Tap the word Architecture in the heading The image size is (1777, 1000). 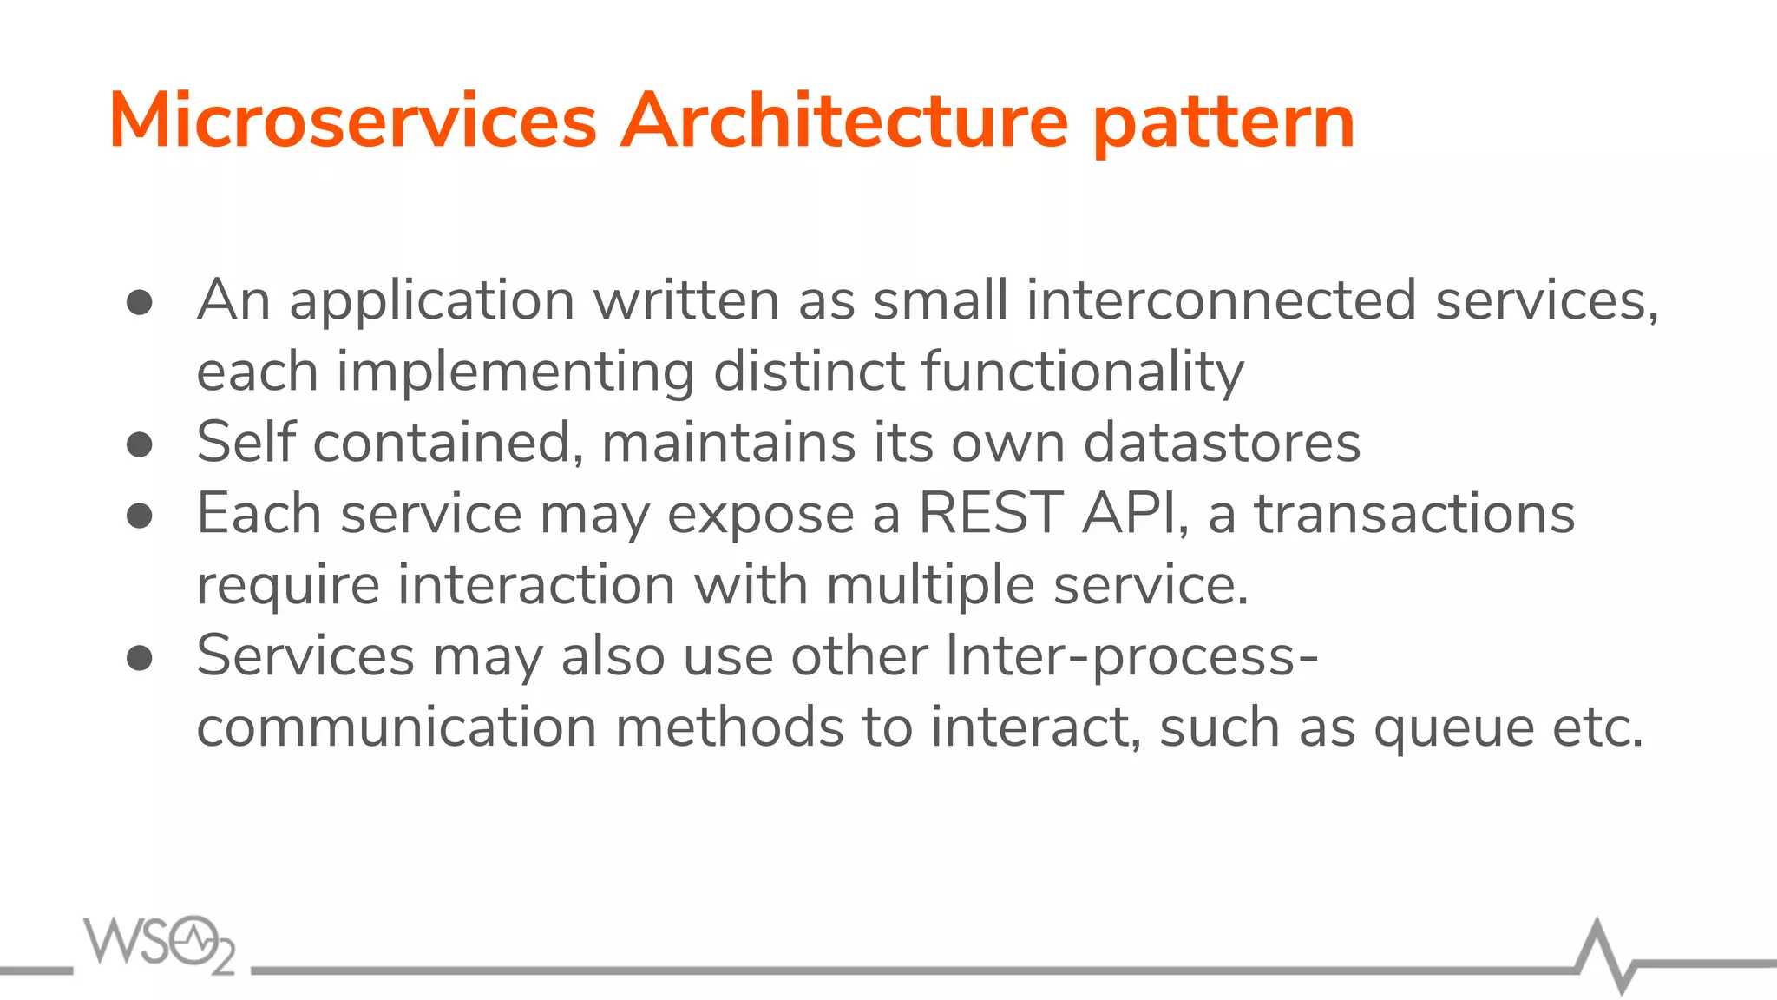pyautogui.click(x=843, y=121)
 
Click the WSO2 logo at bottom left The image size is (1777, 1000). pyautogui.click(x=159, y=944)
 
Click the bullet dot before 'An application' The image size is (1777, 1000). pyautogui.click(x=140, y=303)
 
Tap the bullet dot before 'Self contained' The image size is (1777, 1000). pyautogui.click(x=140, y=445)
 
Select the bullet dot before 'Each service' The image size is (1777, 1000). pyautogui.click(x=140, y=516)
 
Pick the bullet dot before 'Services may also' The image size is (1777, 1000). pyautogui.click(x=140, y=659)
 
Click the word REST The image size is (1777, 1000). pyautogui.click(x=990, y=513)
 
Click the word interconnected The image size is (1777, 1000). pyautogui.click(x=1221, y=300)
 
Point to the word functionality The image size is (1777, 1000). pyautogui.click(x=1082, y=372)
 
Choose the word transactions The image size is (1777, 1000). pyautogui.click(x=1414, y=513)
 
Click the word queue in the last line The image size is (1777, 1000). pyautogui.click(x=1453, y=729)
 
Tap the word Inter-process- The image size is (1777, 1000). pyautogui.click(x=1131, y=656)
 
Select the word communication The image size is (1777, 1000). pyautogui.click(x=397, y=727)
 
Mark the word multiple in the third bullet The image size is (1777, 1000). pyautogui.click(x=930, y=585)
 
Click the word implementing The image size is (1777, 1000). pyautogui.click(x=515, y=372)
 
